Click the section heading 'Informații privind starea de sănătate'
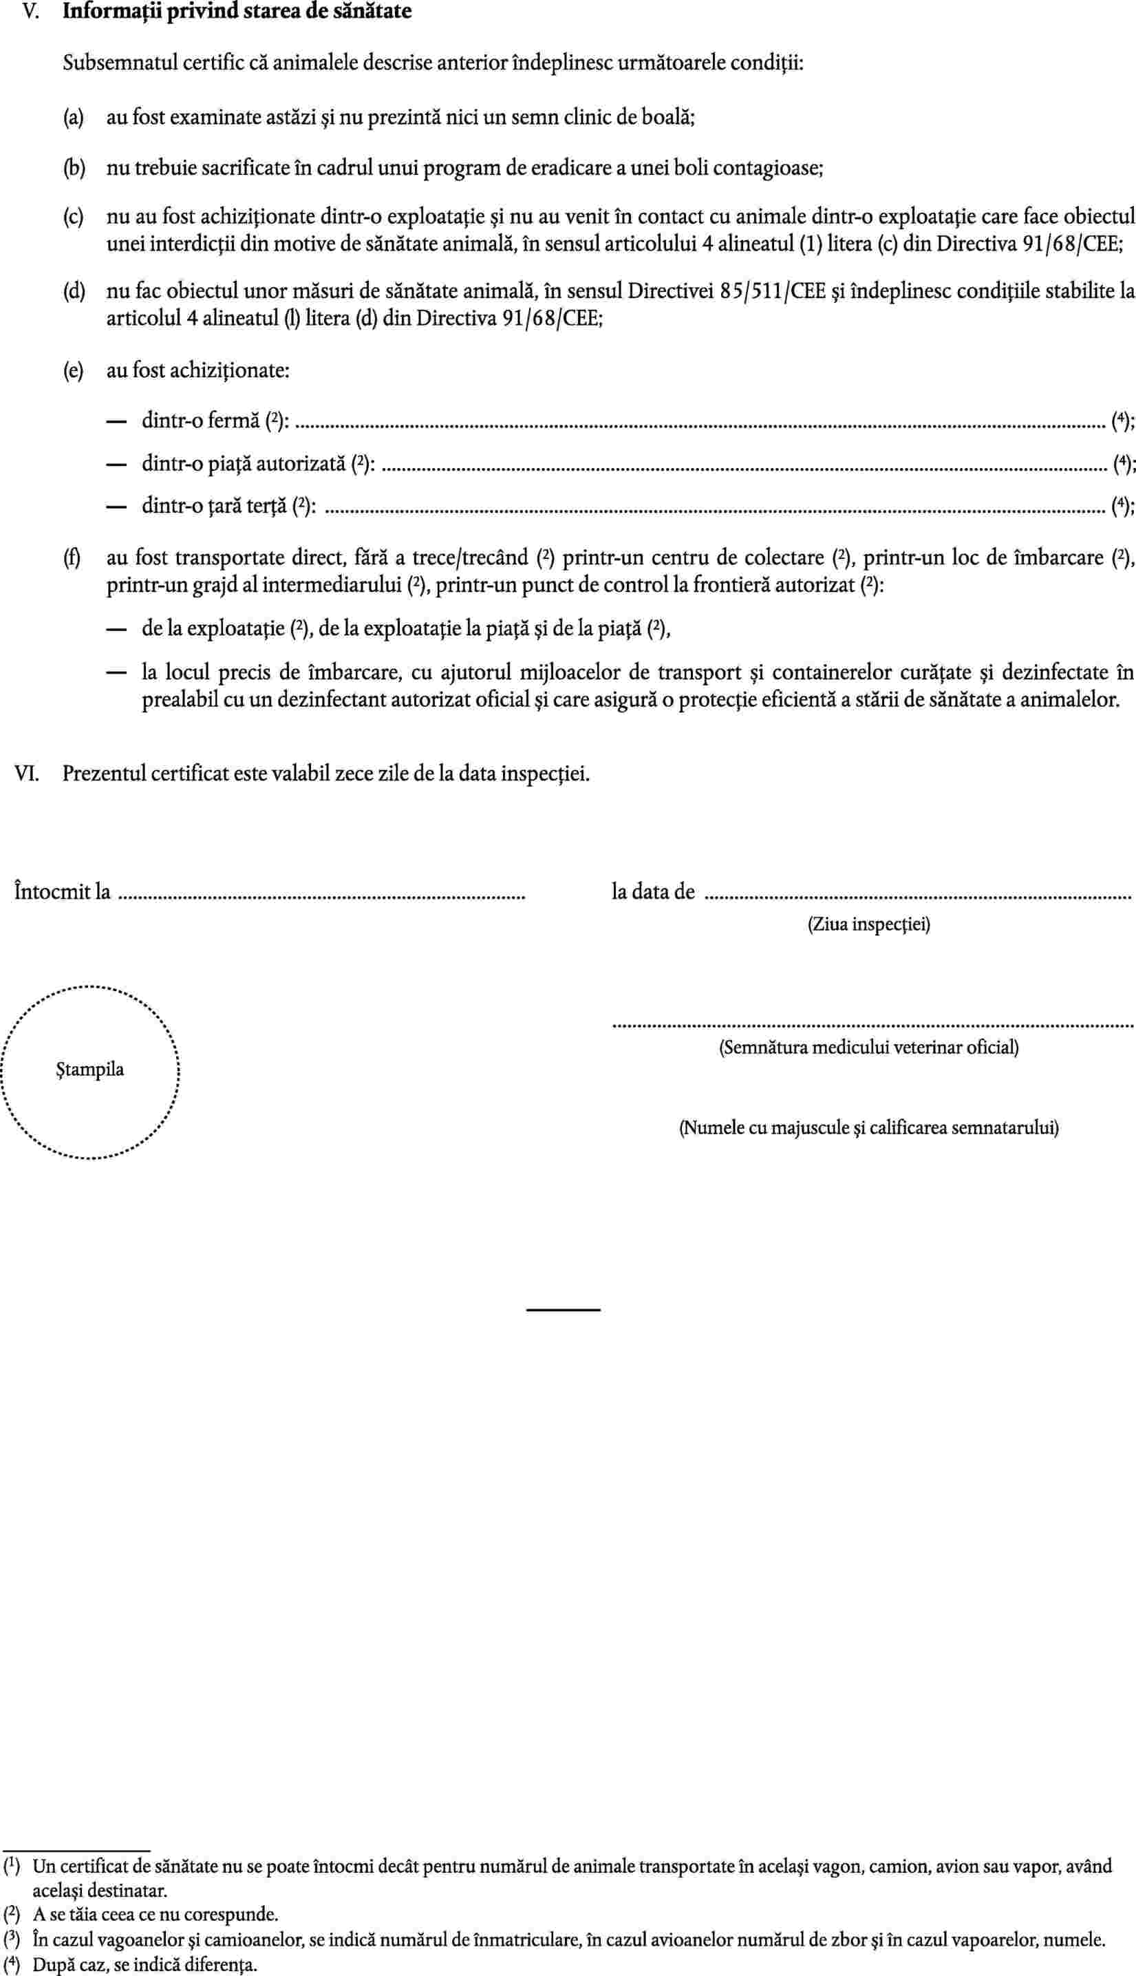tap(237, 12)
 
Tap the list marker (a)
tap(74, 118)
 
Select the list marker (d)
tap(74, 292)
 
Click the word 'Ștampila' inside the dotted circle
tap(89, 1069)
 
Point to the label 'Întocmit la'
tap(63, 891)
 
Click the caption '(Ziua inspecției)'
tap(868, 925)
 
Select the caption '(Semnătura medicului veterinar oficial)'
tap(868, 1048)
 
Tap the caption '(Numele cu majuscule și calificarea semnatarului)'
tap(868, 1127)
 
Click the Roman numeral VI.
tap(28, 774)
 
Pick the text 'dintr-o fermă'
tap(200, 421)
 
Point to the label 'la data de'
tap(653, 891)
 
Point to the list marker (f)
tap(74, 558)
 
